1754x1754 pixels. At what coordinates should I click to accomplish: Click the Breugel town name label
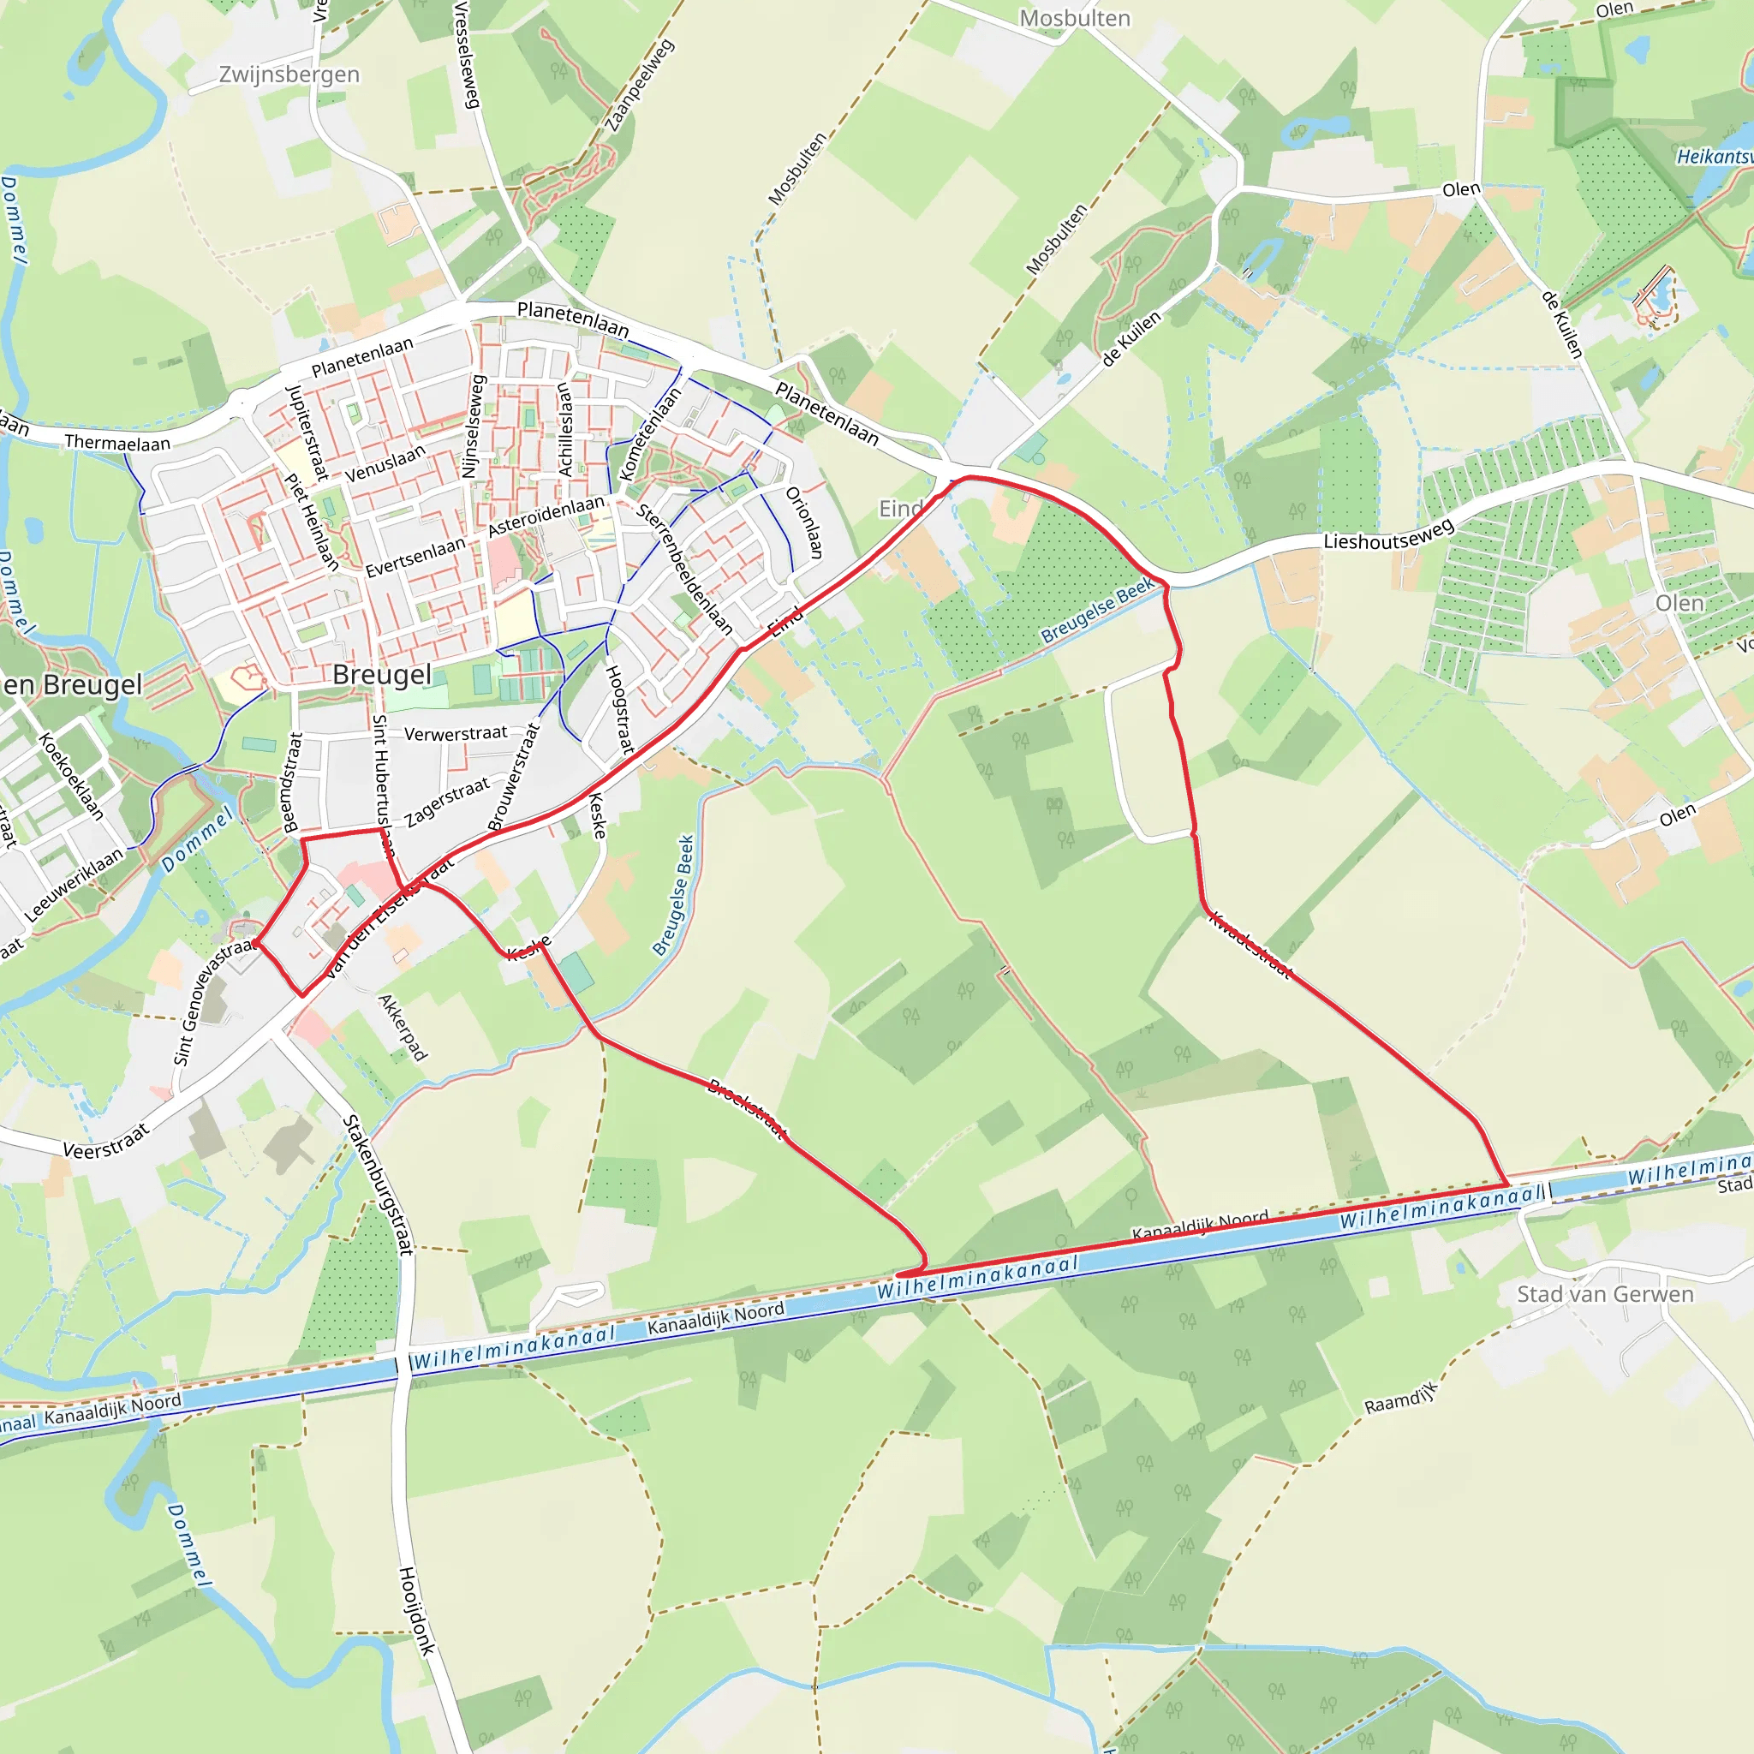382,675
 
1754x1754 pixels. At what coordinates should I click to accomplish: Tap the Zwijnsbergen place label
289,75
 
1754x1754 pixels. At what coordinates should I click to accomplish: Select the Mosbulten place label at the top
1074,18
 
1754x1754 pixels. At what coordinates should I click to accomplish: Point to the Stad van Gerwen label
1605,1294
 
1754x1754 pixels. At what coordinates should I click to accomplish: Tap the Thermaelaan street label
117,443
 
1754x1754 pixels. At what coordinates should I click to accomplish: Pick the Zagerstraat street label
448,802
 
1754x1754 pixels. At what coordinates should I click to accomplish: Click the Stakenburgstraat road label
379,1184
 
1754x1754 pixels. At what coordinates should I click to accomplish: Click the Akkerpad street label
403,1028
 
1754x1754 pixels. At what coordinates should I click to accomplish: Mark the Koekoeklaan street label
72,776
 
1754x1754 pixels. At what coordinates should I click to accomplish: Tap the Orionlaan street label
804,523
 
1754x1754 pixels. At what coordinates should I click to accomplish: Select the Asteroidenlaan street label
546,516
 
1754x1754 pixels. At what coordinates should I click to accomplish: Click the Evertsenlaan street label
415,557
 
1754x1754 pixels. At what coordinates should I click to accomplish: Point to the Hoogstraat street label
619,709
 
